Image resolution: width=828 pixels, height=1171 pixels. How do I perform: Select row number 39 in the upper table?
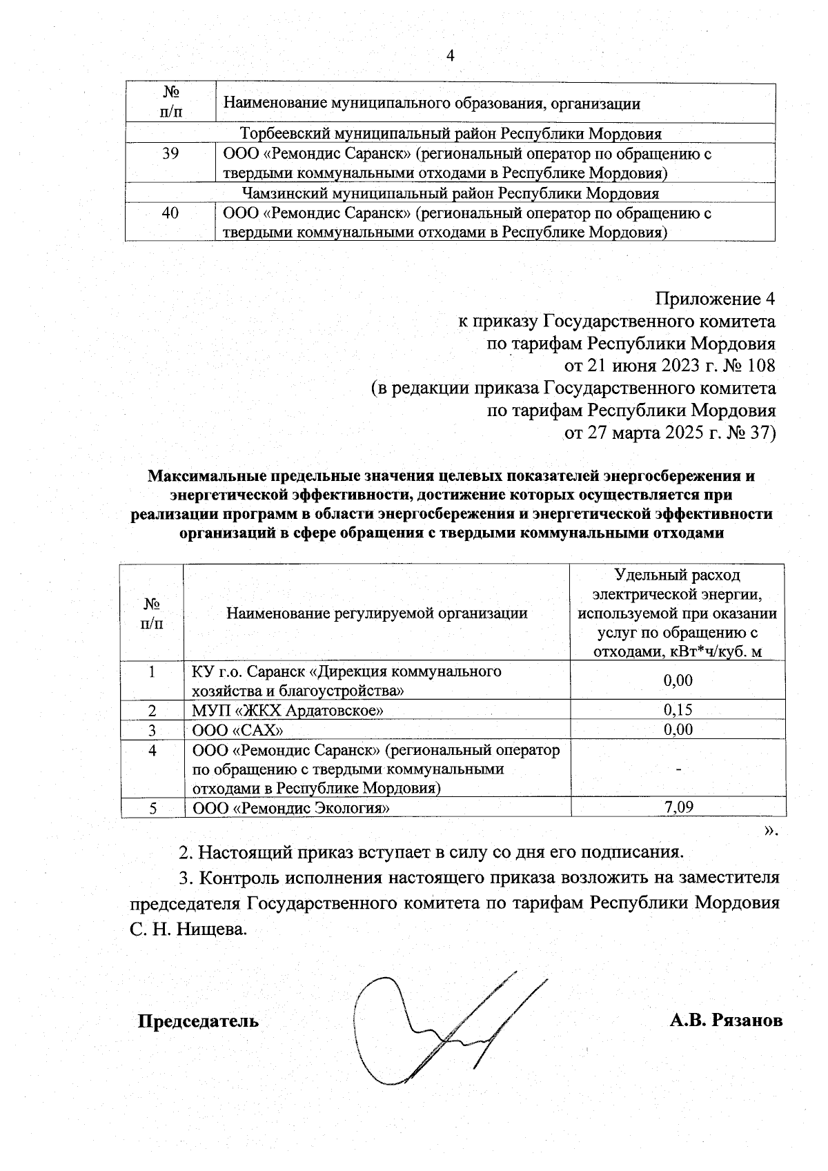[170, 154]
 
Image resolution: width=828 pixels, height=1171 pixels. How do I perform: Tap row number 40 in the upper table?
[170, 213]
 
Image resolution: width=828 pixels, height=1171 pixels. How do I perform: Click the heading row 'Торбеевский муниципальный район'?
[450, 134]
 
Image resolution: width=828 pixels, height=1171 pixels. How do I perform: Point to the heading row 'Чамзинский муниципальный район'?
[450, 193]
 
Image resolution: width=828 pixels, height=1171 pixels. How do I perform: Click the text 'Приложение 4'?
[716, 299]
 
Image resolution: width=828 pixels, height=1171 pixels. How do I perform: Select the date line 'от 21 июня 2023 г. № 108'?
[670, 365]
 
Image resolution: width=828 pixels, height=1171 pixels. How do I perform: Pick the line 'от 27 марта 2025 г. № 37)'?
[670, 433]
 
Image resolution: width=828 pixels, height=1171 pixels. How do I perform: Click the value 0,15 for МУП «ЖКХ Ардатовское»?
[678, 710]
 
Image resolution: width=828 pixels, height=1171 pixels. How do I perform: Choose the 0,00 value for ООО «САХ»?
[678, 729]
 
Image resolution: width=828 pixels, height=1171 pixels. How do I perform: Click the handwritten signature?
[442, 1028]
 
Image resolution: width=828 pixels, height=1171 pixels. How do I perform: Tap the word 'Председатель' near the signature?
[199, 1021]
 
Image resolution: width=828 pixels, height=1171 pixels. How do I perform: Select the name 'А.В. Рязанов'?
[726, 1021]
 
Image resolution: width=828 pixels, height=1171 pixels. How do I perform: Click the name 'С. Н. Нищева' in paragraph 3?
[188, 929]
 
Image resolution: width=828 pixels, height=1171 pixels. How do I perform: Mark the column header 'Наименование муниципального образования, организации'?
[432, 104]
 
